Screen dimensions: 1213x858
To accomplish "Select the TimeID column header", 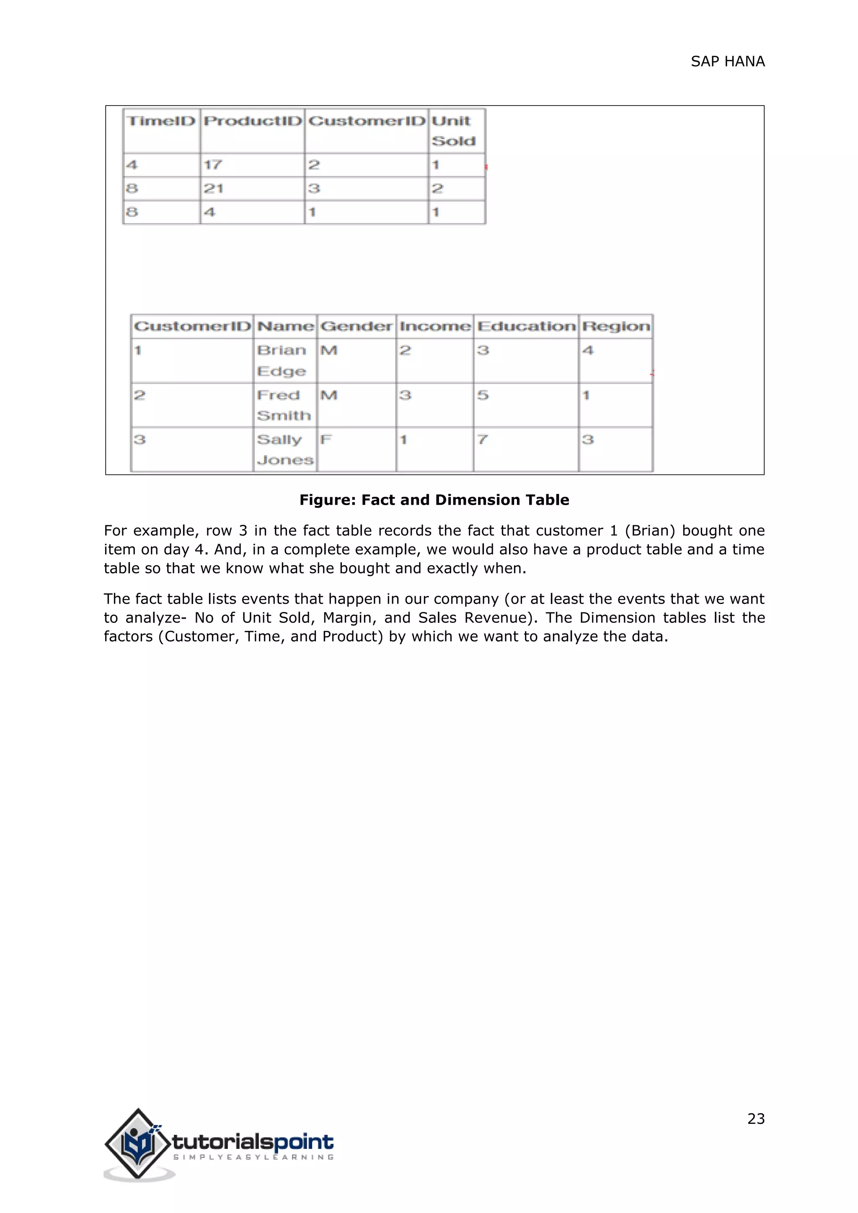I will (x=162, y=121).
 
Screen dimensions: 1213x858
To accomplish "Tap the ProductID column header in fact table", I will (x=253, y=121).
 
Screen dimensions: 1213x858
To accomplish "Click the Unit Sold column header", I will (x=453, y=131).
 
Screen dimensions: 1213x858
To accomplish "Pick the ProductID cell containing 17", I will (x=213, y=165).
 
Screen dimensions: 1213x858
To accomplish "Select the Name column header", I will (x=285, y=326).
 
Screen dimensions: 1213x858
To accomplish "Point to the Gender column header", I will (x=357, y=326).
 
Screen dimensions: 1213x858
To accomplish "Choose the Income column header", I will (x=435, y=326).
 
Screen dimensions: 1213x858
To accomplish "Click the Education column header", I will (x=526, y=326).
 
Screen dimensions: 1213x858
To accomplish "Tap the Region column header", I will (x=616, y=326).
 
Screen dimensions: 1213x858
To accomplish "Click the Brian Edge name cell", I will (x=282, y=361).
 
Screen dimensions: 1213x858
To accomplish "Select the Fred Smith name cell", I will (x=284, y=405).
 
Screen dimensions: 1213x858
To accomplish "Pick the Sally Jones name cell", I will (x=285, y=449).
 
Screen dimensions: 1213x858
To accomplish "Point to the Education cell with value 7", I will (x=482, y=439).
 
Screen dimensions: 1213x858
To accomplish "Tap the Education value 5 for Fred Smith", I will (x=483, y=395).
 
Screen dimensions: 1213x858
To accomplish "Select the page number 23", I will (x=755, y=1119).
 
